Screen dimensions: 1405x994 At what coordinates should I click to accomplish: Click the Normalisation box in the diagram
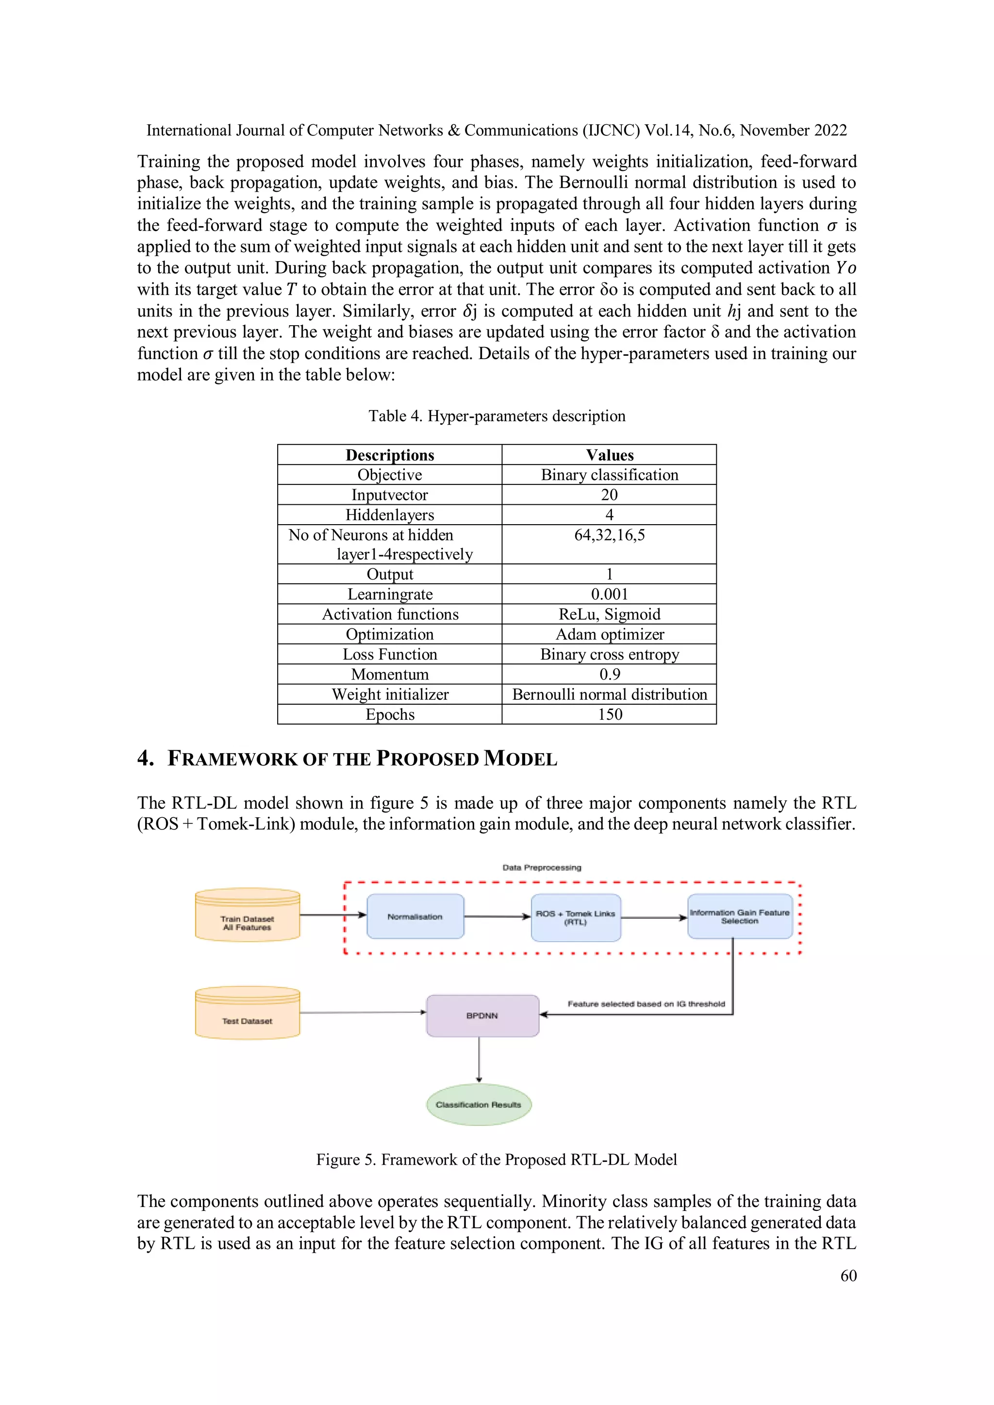(415, 916)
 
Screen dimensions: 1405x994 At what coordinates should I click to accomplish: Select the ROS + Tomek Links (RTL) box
(575, 917)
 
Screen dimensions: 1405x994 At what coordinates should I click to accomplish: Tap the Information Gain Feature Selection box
(739, 916)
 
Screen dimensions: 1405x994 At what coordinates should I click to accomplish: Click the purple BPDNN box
(482, 1015)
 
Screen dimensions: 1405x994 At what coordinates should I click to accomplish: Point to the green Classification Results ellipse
(479, 1105)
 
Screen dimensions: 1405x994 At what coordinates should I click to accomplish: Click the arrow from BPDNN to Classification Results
(479, 1060)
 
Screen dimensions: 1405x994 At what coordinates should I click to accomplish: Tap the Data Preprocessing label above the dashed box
(542, 867)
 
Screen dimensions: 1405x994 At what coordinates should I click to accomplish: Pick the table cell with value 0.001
(609, 594)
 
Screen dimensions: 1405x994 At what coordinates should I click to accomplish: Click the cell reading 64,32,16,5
(609, 535)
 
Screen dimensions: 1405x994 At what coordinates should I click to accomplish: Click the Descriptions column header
(390, 455)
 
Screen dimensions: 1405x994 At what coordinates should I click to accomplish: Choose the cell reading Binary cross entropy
(609, 654)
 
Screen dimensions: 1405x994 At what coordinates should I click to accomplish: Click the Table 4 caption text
(497, 416)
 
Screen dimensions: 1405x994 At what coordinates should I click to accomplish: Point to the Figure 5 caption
(497, 1159)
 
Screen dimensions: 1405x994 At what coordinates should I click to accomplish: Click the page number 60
(848, 1275)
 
